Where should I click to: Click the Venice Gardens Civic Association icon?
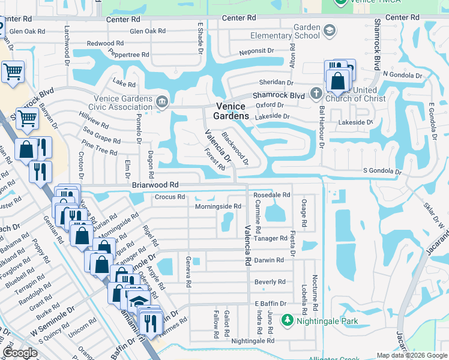click(x=161, y=101)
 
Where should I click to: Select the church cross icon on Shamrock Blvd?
click(x=315, y=93)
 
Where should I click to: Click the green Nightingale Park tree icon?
click(x=288, y=321)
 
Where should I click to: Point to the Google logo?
click(x=20, y=353)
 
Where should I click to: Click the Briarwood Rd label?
click(x=155, y=185)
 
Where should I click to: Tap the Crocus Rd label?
click(x=169, y=196)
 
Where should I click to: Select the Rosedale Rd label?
click(x=271, y=195)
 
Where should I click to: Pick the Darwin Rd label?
click(x=268, y=260)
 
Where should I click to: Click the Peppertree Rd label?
click(x=128, y=55)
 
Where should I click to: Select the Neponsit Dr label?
click(x=256, y=52)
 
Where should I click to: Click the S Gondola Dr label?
click(x=382, y=172)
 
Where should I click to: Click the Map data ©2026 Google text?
click(x=412, y=355)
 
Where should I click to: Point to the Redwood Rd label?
click(x=105, y=43)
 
